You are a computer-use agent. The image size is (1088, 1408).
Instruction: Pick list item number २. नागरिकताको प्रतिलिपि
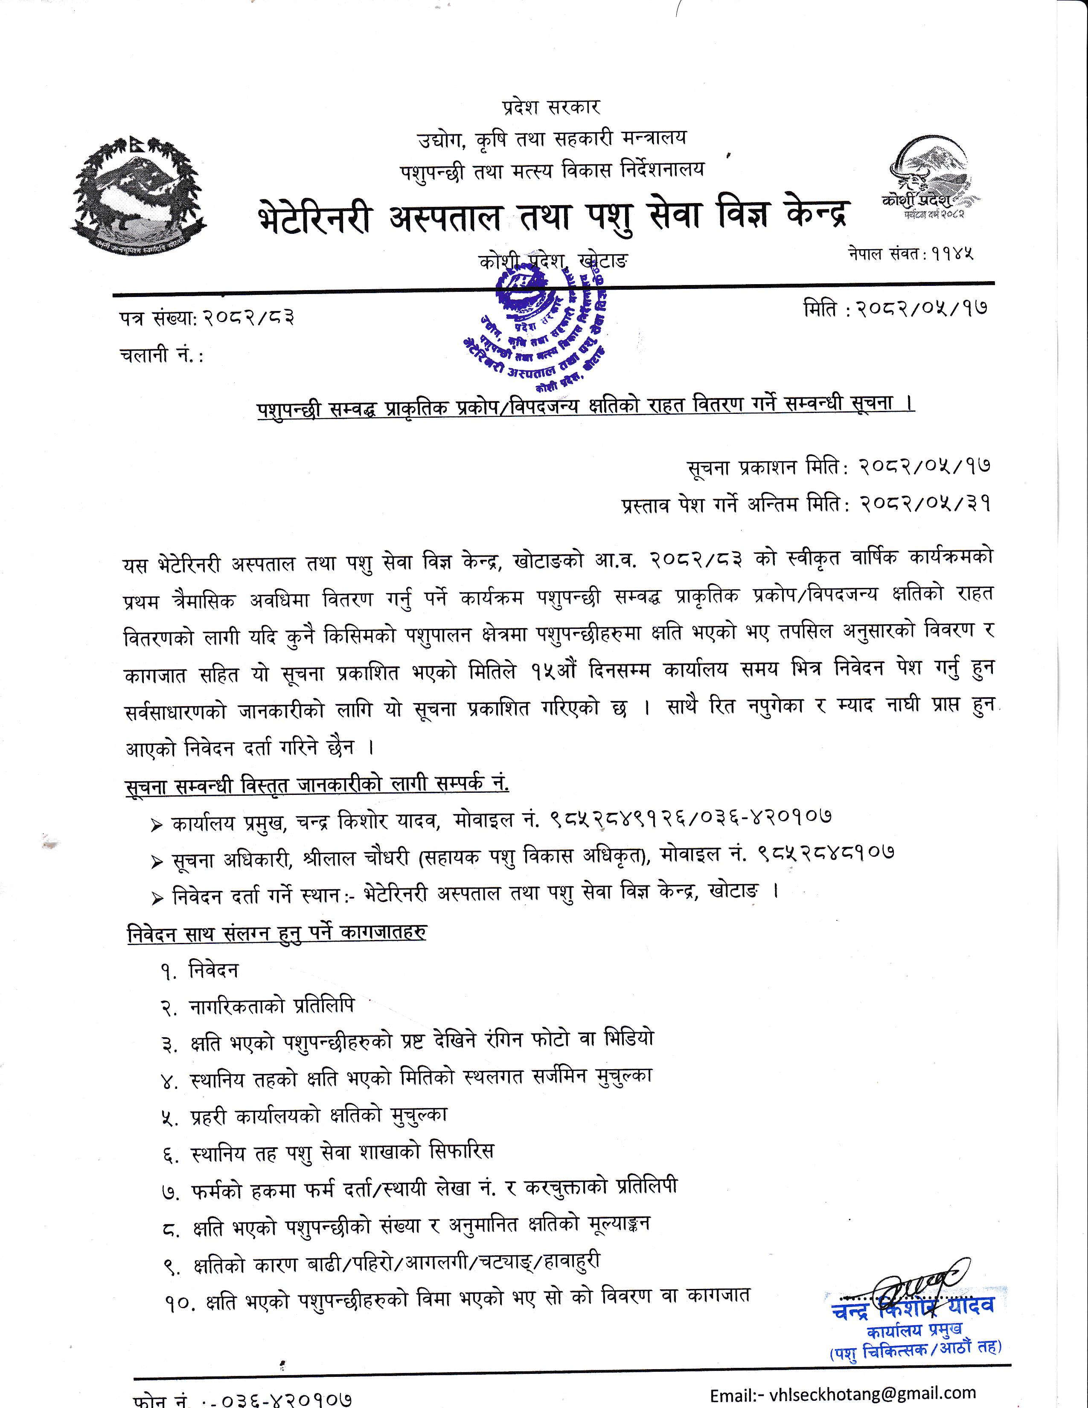pyautogui.click(x=258, y=1007)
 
